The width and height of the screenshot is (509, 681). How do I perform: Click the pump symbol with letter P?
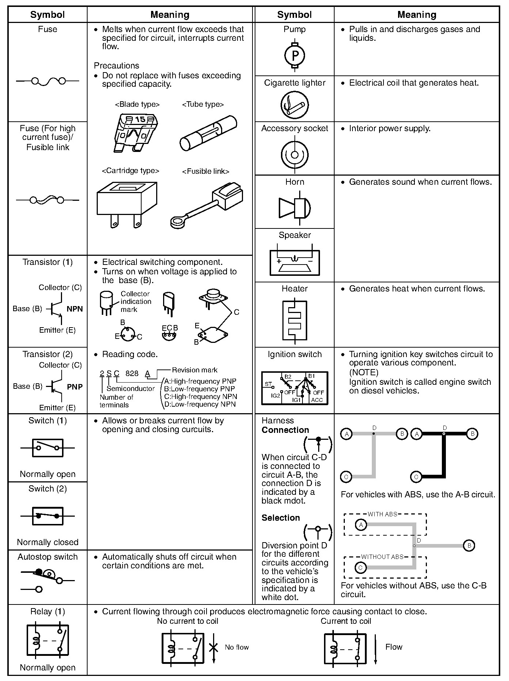pyautogui.click(x=294, y=55)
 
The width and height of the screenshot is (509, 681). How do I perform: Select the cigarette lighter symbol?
pyautogui.click(x=294, y=105)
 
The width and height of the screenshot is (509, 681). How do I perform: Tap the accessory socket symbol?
pyautogui.click(x=294, y=154)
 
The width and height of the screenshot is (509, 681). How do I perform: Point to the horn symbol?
pyautogui.click(x=294, y=208)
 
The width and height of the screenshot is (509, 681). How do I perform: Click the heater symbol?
pyautogui.click(x=294, y=320)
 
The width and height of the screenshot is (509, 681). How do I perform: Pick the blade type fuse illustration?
pyautogui.click(x=135, y=132)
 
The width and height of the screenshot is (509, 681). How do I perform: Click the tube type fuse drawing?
pyautogui.click(x=208, y=133)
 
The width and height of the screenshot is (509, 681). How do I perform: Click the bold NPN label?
pyautogui.click(x=74, y=309)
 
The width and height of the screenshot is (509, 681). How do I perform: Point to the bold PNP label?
pyautogui.click(x=74, y=387)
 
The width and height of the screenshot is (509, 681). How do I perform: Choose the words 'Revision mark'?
pyautogui.click(x=194, y=370)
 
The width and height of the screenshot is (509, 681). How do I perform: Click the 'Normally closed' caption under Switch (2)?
pyautogui.click(x=48, y=542)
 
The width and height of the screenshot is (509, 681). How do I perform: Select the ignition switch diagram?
pyautogui.click(x=294, y=388)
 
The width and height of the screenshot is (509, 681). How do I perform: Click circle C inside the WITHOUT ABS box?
pyautogui.click(x=360, y=568)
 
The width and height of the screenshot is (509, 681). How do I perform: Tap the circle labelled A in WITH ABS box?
pyautogui.click(x=361, y=525)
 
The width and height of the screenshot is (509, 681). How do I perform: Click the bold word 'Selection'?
pyautogui.click(x=281, y=517)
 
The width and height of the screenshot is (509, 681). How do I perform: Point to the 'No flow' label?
pyautogui.click(x=236, y=647)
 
